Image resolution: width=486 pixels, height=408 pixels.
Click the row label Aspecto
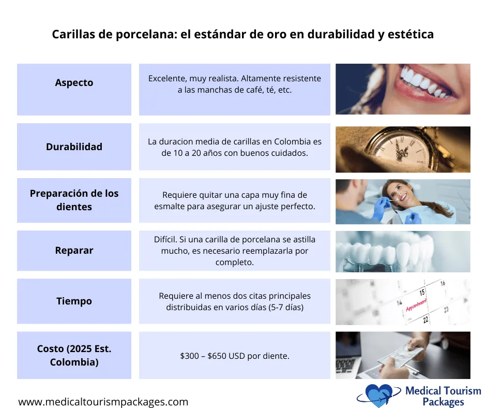(x=74, y=83)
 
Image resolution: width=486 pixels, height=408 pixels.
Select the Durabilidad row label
(x=74, y=147)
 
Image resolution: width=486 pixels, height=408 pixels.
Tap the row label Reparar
(x=74, y=251)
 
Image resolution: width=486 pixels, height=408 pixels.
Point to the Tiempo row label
(x=74, y=301)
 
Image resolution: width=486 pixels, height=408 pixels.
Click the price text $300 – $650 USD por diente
(x=234, y=356)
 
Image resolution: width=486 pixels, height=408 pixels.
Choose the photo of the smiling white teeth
(x=403, y=89)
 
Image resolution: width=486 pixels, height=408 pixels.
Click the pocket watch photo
(x=403, y=149)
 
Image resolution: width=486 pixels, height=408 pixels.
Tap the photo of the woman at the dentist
(x=403, y=201)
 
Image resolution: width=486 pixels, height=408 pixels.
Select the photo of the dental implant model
(x=403, y=252)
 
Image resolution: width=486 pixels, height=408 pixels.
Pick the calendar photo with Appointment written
(x=403, y=302)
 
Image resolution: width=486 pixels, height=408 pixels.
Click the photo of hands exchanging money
(x=403, y=355)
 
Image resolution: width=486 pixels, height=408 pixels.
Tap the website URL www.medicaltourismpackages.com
(x=103, y=402)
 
